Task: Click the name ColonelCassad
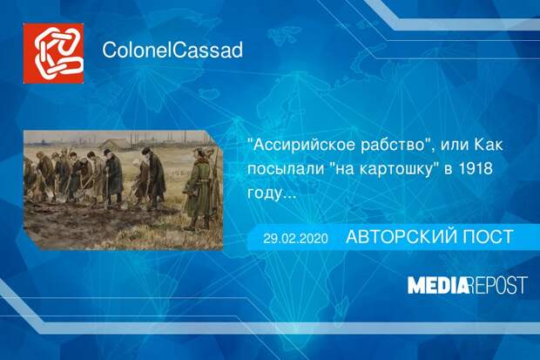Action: point(172,51)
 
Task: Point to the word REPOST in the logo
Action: point(499,285)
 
